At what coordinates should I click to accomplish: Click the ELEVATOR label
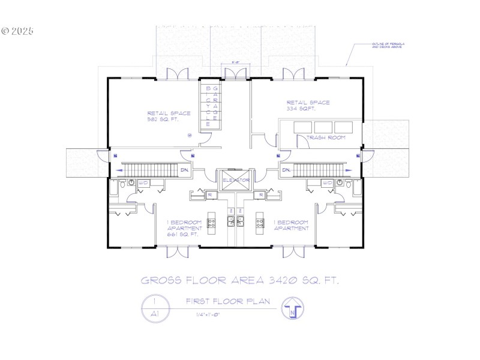235,179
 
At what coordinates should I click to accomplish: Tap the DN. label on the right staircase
286,170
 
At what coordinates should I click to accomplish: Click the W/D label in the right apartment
327,182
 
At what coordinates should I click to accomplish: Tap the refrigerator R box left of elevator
210,195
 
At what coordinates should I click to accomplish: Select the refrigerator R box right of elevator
261,195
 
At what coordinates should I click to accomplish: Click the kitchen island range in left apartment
211,223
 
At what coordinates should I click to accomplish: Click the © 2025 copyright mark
18,31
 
